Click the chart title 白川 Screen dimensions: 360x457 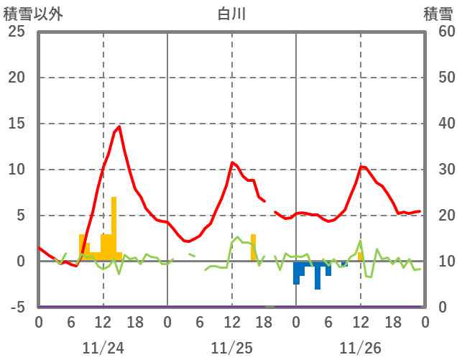[x=231, y=14]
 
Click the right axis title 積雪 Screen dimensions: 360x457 [x=438, y=14]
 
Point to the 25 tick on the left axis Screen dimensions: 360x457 [x=17, y=32]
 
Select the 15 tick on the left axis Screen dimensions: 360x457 [x=17, y=124]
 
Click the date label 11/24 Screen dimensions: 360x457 [x=103, y=348]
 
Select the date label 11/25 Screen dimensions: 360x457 [x=231, y=348]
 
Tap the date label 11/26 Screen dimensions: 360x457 [x=360, y=348]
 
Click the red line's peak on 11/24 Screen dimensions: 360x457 [x=119, y=127]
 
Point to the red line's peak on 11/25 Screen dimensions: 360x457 [x=232, y=162]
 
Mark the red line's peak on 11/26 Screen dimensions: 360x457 [x=362, y=167]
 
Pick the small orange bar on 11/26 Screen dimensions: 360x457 [x=361, y=257]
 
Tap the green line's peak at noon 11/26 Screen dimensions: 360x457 [x=361, y=241]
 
